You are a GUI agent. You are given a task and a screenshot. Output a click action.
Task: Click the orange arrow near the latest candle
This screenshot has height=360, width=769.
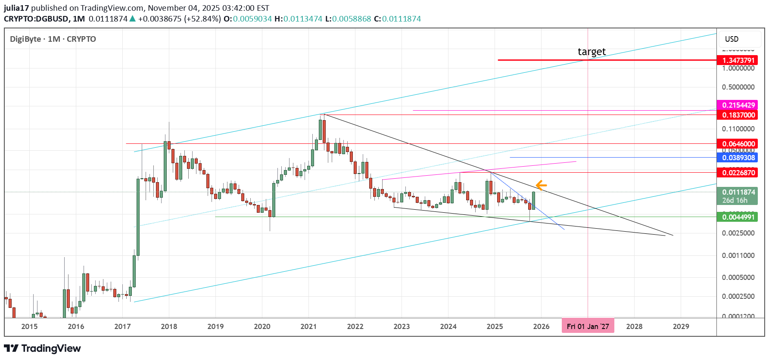pyautogui.click(x=541, y=186)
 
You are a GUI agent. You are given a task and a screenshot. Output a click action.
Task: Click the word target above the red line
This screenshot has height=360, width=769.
pyautogui.click(x=592, y=52)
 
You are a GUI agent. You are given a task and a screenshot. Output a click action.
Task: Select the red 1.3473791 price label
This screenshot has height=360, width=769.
pyautogui.click(x=738, y=60)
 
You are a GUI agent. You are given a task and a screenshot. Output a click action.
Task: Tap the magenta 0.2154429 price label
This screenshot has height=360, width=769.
pyautogui.click(x=738, y=105)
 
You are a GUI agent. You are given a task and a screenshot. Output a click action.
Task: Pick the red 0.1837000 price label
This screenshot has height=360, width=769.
pyautogui.click(x=738, y=115)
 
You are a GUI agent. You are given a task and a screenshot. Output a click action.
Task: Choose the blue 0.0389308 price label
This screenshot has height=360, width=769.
pyautogui.click(x=738, y=158)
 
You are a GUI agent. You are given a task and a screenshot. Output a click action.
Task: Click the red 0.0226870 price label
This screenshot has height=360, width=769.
pyautogui.click(x=738, y=173)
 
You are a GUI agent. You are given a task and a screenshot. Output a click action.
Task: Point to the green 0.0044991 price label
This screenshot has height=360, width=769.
pyautogui.click(x=738, y=217)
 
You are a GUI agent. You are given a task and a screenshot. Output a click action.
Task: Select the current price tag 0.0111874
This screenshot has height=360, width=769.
pyautogui.click(x=738, y=192)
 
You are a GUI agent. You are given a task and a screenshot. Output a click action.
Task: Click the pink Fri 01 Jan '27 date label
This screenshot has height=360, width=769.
pyautogui.click(x=588, y=326)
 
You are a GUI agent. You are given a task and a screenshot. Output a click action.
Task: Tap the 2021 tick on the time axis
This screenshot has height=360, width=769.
pyautogui.click(x=308, y=326)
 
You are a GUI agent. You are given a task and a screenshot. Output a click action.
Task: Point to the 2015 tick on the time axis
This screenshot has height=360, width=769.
pyautogui.click(x=29, y=326)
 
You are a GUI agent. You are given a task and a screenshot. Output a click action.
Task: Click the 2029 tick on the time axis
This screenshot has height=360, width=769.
pyautogui.click(x=681, y=326)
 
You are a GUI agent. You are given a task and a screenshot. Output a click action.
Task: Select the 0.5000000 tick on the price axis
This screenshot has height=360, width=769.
pyautogui.click(x=738, y=87)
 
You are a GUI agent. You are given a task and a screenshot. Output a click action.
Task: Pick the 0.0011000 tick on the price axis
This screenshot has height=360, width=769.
pyautogui.click(x=738, y=255)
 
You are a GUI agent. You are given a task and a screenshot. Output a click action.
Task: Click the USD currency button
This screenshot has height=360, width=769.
pyautogui.click(x=732, y=39)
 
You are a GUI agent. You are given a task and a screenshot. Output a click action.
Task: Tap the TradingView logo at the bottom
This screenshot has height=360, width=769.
pyautogui.click(x=42, y=348)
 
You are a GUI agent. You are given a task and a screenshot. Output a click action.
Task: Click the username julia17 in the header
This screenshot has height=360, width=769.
pyautogui.click(x=16, y=8)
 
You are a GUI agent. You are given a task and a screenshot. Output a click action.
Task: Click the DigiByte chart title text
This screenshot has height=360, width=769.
pyautogui.click(x=25, y=39)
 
